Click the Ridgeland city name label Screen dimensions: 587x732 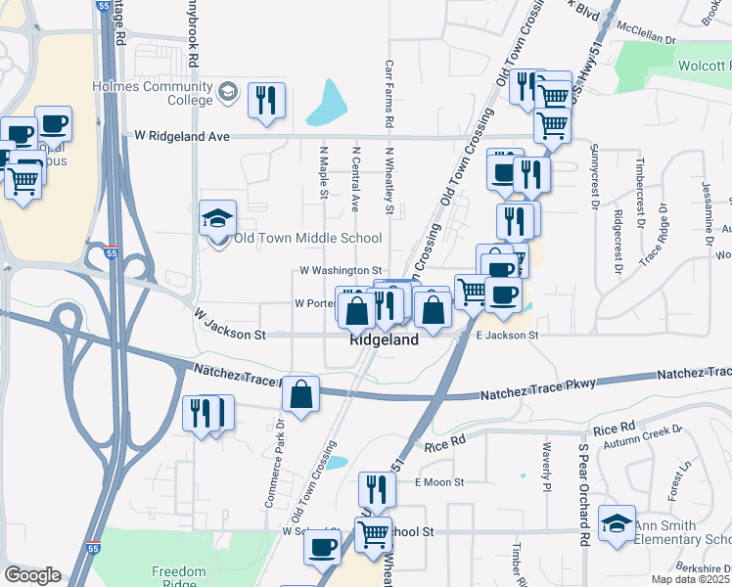(385, 339)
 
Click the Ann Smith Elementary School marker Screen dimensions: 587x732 (618, 523)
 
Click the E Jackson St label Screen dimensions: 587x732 (507, 336)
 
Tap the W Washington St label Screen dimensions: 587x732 (340, 269)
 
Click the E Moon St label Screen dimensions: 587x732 (439, 481)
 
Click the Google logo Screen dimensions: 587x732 (32, 575)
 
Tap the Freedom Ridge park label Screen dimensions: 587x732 (179, 577)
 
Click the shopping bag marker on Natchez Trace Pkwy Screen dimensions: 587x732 (301, 396)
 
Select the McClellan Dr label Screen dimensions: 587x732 (643, 42)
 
